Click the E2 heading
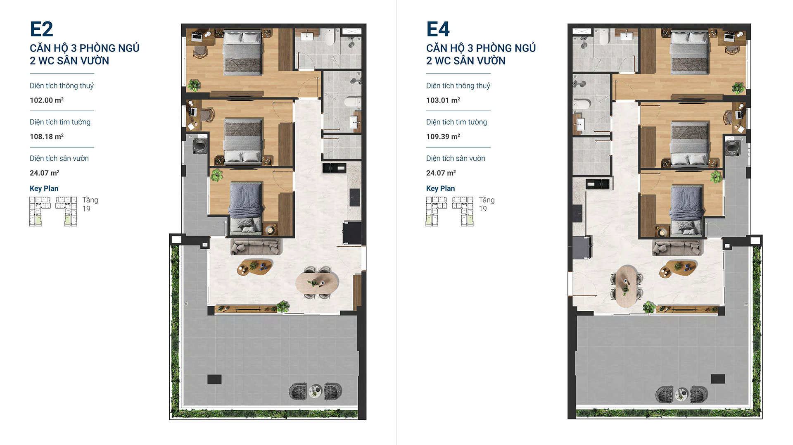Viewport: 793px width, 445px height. (41, 29)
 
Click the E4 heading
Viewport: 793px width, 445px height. (438, 29)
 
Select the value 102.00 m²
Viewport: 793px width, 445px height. (47, 100)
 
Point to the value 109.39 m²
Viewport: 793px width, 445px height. (443, 136)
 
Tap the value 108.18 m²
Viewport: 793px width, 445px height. (47, 136)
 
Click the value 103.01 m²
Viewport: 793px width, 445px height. (443, 100)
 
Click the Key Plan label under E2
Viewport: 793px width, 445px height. (44, 188)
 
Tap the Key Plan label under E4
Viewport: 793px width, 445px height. (440, 188)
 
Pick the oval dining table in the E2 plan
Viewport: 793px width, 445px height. (317, 283)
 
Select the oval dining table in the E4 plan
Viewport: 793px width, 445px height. (626, 286)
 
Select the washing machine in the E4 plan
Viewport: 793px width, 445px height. (733, 147)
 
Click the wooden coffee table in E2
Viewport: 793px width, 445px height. (255, 267)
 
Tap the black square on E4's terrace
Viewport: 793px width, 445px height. (718, 379)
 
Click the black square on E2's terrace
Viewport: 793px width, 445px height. (214, 379)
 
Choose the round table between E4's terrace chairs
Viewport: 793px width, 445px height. (681, 394)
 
